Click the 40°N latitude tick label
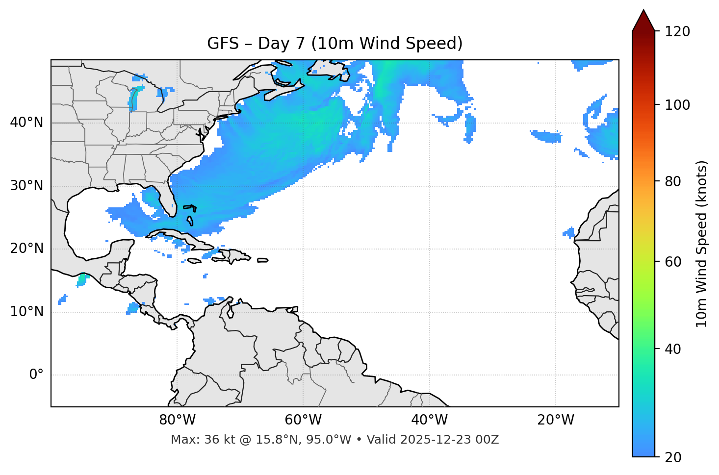26,123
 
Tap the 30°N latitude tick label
26,186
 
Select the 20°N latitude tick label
26,249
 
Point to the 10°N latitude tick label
26,312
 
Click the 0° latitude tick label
36,375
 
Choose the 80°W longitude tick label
177,420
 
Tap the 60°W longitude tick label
303,420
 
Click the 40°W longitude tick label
429,420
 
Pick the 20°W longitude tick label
555,420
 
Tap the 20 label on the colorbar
673,457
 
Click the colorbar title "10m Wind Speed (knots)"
702,244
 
